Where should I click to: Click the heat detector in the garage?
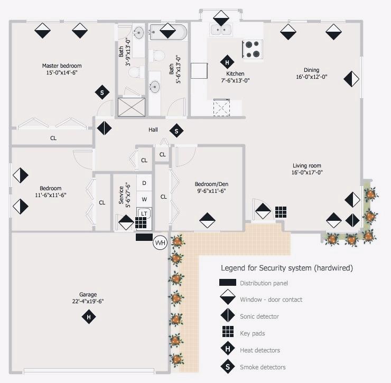[89, 316]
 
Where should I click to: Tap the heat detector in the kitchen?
[227, 62]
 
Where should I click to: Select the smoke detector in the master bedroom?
[102, 92]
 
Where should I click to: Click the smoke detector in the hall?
[176, 130]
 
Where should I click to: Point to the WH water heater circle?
[160, 242]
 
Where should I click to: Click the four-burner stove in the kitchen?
[253, 49]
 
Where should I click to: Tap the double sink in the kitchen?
[221, 30]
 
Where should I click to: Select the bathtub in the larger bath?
[168, 32]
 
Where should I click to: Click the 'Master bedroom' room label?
[62, 66]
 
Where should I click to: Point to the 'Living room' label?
[307, 165]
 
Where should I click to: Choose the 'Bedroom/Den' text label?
[211, 184]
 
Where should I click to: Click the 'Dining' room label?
[311, 70]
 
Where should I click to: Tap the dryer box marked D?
[144, 183]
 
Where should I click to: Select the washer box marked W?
[144, 199]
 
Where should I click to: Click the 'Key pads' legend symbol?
[228, 332]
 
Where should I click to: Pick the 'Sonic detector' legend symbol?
[228, 315]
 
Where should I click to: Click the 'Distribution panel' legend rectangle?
[228, 282]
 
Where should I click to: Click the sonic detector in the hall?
[104, 128]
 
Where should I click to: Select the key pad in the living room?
[281, 212]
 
